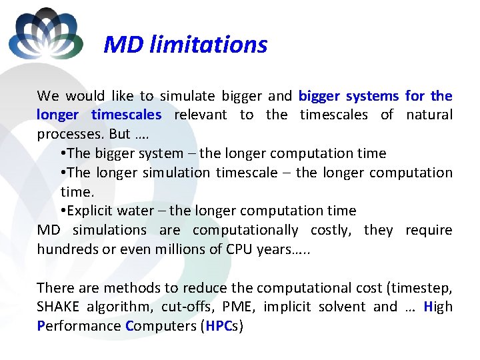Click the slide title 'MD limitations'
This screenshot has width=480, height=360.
185,45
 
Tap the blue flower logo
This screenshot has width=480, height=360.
45,33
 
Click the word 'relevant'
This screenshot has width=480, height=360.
200,115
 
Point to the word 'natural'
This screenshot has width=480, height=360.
426,115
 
